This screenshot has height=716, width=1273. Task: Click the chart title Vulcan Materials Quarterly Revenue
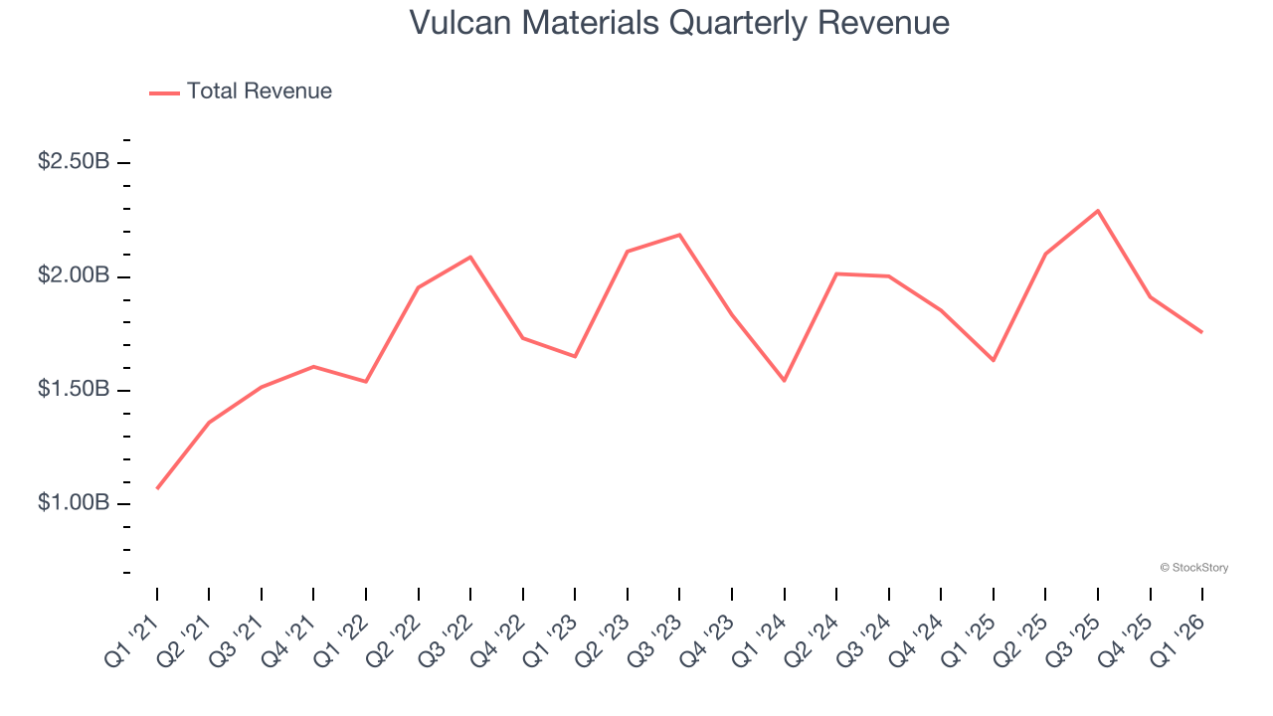click(679, 23)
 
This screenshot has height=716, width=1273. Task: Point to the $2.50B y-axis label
click(74, 161)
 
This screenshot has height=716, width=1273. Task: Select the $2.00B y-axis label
click(74, 275)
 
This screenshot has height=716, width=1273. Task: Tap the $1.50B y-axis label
click(74, 389)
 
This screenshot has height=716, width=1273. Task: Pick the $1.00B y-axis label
click(74, 503)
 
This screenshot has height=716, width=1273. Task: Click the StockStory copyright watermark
click(1194, 568)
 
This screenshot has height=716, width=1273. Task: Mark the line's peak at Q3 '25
click(1098, 211)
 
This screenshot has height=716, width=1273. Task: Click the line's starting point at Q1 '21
click(157, 488)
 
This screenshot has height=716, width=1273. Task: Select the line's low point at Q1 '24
click(785, 380)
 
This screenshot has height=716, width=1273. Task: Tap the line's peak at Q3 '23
click(679, 235)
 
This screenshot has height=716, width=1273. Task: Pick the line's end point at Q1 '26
click(1202, 332)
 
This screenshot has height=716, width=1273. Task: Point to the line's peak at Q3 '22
click(470, 257)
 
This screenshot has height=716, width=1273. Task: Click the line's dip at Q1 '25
click(994, 360)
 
